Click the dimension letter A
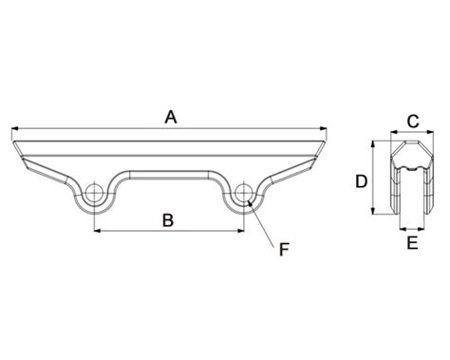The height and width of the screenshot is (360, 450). [171, 117]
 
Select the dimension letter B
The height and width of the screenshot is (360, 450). [168, 220]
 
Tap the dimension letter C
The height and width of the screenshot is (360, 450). [413, 122]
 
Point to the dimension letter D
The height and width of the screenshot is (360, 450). [361, 181]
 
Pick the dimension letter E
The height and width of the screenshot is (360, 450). [412, 243]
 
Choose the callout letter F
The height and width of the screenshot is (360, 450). [284, 250]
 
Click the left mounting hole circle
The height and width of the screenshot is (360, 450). [94, 193]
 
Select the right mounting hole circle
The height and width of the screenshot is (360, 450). [244, 193]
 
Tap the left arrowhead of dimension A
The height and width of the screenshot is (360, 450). [14, 128]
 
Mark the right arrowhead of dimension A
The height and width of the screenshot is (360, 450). [324, 128]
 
